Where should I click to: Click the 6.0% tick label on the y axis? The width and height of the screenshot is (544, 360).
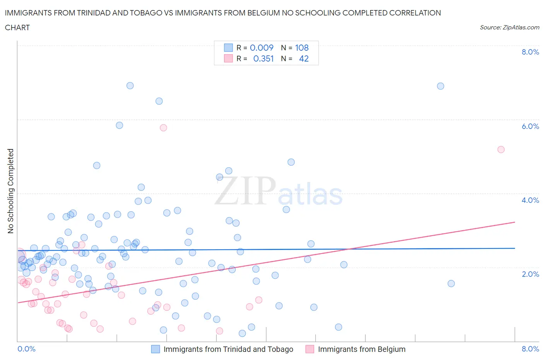tap(530, 126)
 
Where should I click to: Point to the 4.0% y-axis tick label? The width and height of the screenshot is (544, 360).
tap(530, 200)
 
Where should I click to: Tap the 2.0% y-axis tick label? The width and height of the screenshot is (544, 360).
tap(530, 274)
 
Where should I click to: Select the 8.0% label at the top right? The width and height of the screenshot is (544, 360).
tap(530, 52)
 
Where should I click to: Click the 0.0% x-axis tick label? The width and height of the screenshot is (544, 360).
tap(26, 349)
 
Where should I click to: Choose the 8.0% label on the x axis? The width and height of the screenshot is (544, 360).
tap(530, 349)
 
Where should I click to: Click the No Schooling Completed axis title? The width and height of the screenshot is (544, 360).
tap(10, 191)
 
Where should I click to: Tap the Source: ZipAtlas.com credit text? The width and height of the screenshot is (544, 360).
tap(509, 27)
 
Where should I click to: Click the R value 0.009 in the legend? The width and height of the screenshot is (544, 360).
tap(262, 48)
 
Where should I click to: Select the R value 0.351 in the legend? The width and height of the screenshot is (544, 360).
tap(263, 58)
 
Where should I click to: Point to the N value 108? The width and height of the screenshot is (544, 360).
tap(302, 48)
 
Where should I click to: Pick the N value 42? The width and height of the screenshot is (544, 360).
tap(304, 58)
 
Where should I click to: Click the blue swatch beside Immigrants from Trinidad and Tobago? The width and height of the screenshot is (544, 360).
tap(155, 349)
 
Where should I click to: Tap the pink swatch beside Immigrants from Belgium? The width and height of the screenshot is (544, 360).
tap(310, 349)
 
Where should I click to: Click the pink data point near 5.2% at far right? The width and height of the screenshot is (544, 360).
tap(501, 149)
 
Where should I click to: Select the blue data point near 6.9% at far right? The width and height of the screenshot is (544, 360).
tap(440, 86)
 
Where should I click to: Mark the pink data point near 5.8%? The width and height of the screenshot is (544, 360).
tap(163, 128)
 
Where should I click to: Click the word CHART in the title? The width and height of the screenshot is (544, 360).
tap(17, 27)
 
